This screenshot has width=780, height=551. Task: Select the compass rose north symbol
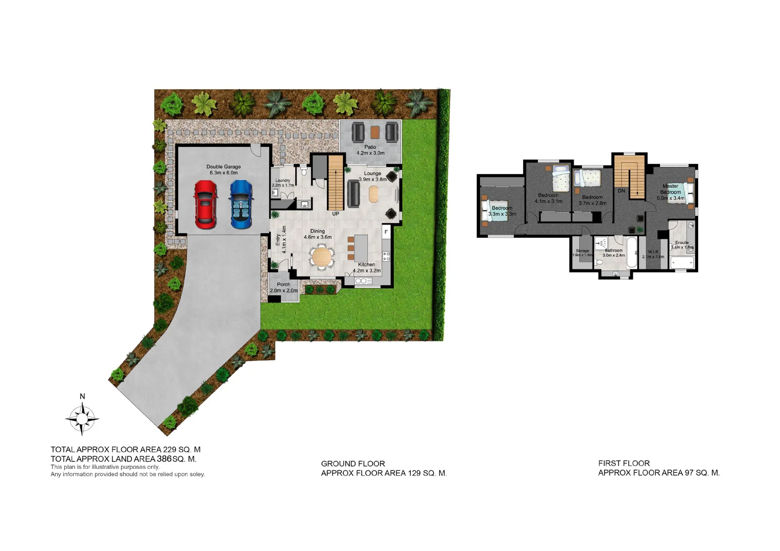[82, 418]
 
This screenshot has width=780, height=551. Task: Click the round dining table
[322, 257]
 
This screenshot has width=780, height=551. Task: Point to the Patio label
[370, 147]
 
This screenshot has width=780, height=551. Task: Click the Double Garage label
[223, 167]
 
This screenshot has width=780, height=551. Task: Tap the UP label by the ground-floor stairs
[336, 214]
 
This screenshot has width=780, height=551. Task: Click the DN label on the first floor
[621, 191]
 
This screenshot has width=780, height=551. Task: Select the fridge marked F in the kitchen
[386, 232]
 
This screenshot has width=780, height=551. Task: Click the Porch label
[283, 285]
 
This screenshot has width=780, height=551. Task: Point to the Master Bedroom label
[670, 189]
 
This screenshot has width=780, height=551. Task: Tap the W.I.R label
[653, 252]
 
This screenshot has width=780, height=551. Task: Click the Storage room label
[582, 251]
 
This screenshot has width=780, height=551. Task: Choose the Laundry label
[282, 181]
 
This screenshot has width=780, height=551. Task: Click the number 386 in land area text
[164, 459]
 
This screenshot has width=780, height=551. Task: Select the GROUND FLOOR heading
[353, 464]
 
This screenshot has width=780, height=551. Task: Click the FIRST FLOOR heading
[624, 463]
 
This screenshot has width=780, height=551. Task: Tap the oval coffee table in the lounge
[373, 194]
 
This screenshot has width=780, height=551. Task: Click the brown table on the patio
[375, 132]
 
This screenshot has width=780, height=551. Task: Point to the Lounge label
[372, 173]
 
